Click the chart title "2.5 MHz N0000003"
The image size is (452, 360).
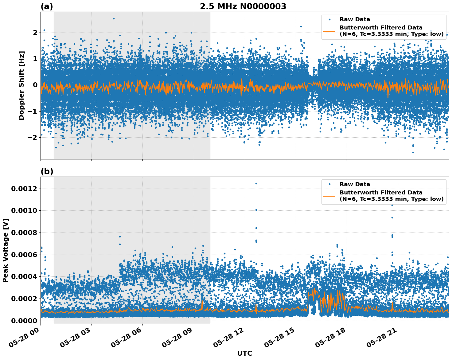click(243, 6)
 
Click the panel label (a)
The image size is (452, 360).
click(47, 6)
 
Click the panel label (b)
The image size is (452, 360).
click(47, 171)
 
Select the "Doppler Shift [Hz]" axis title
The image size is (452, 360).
click(21, 85)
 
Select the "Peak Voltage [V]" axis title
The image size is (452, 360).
click(6, 250)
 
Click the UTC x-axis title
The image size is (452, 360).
click(244, 353)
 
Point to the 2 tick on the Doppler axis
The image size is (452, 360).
click(35, 33)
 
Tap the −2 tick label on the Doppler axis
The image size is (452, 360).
click(33, 137)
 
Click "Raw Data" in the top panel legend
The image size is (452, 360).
click(355, 19)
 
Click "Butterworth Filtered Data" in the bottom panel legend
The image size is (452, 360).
click(381, 193)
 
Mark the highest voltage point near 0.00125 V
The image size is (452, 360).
click(256, 183)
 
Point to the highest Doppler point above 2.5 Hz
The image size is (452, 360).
click(114, 18)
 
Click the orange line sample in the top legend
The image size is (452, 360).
click(329, 31)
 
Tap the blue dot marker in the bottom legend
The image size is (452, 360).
click(329, 184)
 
